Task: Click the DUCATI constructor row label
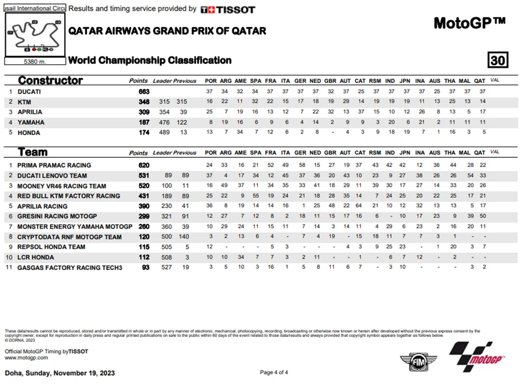pos(29,92)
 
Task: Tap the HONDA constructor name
pos(29,133)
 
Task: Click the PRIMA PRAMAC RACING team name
pos(54,165)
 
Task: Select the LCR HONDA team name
pos(37,257)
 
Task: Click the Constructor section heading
pos(50,81)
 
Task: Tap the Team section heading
pos(33,153)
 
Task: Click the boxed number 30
pos(498,60)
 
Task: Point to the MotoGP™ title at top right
pos(469,23)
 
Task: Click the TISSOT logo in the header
pos(228,9)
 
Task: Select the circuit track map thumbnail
pos(34,36)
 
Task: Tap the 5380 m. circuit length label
pos(34,61)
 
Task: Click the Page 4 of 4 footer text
pos(274,372)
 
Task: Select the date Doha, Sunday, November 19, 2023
pos(60,373)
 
